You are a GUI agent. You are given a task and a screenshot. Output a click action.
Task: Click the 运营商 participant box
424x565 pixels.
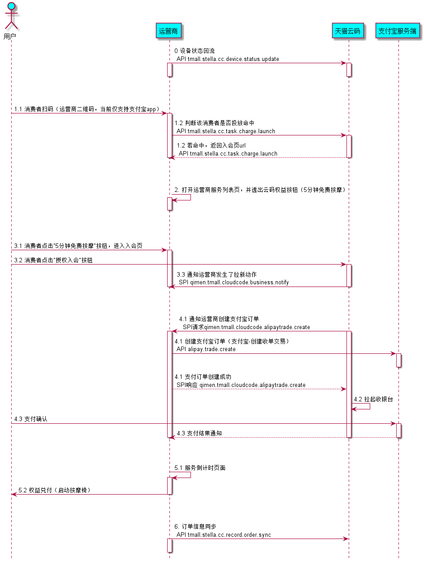tap(169, 31)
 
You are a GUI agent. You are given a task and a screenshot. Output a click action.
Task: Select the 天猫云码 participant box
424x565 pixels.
tap(347, 31)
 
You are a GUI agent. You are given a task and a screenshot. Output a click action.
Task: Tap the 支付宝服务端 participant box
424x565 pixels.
tap(398, 31)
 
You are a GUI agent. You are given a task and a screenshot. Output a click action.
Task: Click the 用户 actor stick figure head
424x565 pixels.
tap(11, 6)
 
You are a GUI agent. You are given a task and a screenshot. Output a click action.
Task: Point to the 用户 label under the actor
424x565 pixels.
tap(10, 36)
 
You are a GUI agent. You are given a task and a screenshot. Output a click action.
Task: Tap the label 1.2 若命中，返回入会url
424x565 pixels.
tap(211, 146)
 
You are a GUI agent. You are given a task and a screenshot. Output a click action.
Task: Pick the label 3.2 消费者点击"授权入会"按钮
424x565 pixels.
tap(53, 260)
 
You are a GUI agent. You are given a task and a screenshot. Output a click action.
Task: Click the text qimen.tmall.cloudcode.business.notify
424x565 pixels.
tap(239, 282)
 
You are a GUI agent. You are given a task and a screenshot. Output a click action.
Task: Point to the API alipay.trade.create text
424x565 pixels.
tap(206, 349)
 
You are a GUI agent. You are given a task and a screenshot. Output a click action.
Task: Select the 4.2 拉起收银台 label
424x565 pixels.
tap(373, 400)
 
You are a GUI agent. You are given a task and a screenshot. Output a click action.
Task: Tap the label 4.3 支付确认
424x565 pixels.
tap(30, 419)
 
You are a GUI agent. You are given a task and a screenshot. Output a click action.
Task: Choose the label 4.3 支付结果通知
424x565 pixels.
tap(199, 434)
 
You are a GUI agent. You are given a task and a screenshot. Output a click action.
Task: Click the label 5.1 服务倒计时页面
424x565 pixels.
tap(200, 468)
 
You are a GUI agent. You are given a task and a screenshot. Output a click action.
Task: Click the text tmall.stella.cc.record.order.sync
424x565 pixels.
tap(229, 535)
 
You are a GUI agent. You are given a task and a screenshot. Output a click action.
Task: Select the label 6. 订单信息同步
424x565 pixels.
tap(195, 526)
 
